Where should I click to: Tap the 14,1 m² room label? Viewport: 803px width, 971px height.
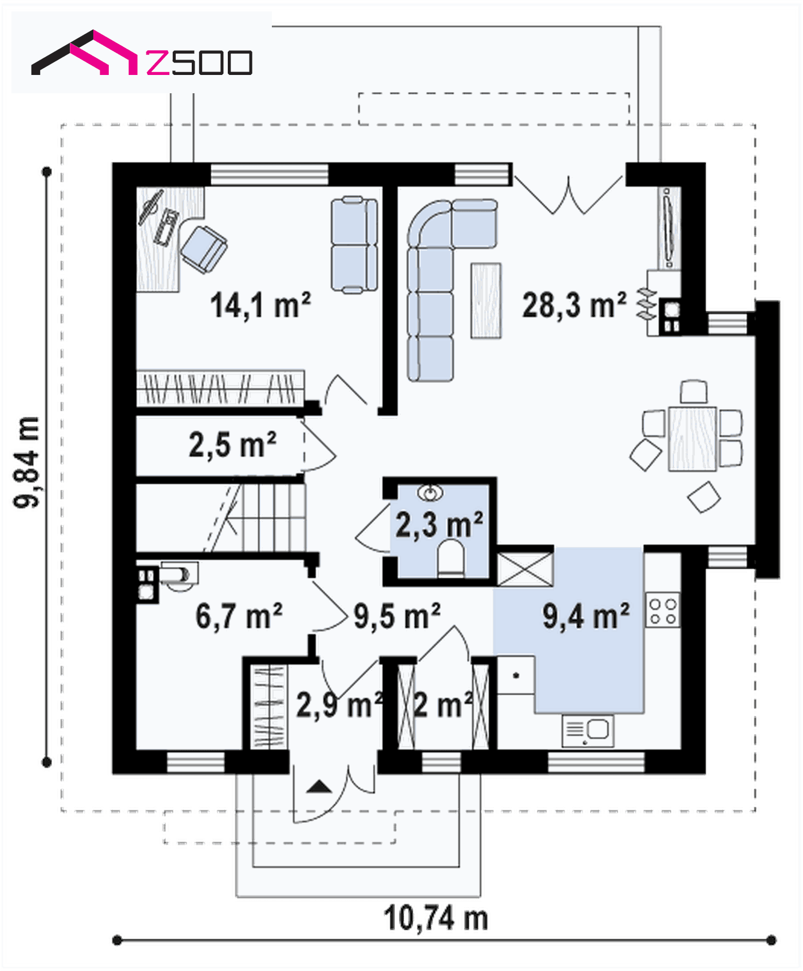click(x=260, y=305)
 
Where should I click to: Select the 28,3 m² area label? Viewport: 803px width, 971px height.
click(x=574, y=305)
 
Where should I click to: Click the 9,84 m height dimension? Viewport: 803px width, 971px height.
click(x=27, y=462)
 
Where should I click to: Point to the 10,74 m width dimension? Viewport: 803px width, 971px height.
click(x=436, y=918)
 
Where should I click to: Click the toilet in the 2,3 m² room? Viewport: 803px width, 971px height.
click(x=450, y=559)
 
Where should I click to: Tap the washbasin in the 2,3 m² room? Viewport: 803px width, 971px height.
click(x=430, y=492)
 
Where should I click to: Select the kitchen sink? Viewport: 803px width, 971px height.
click(x=588, y=730)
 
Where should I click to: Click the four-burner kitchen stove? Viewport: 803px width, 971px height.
click(x=663, y=610)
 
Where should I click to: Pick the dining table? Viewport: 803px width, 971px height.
click(x=693, y=438)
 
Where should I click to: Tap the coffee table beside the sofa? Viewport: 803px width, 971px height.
click(x=486, y=300)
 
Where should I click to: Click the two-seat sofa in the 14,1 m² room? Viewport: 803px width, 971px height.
click(x=354, y=245)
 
